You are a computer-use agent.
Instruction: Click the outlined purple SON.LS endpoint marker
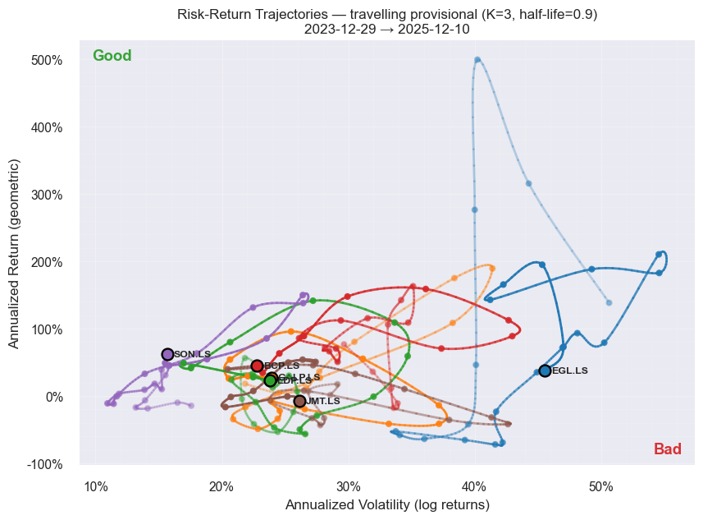click(168, 355)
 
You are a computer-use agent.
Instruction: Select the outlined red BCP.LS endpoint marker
click(258, 366)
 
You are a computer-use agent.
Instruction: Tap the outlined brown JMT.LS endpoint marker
click(300, 401)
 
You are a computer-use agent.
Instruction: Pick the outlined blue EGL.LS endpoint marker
click(546, 371)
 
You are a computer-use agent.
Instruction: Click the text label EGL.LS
click(570, 371)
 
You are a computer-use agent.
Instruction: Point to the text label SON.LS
click(192, 355)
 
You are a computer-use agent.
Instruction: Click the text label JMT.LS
click(323, 401)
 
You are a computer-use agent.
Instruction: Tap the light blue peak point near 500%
click(477, 60)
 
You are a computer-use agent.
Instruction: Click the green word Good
click(112, 56)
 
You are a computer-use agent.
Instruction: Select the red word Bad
click(667, 449)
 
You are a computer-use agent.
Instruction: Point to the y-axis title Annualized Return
click(15, 255)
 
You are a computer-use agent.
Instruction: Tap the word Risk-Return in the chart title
click(211, 14)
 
